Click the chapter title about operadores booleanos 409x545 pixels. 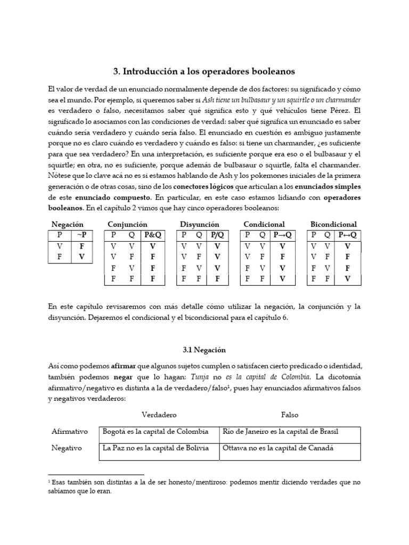(204, 71)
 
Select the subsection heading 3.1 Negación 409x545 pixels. (204, 350)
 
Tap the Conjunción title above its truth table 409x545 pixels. (127, 224)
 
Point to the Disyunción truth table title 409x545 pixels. (199, 224)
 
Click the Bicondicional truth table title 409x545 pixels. (333, 224)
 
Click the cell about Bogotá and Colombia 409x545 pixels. (156, 431)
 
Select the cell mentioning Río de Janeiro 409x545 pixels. (281, 431)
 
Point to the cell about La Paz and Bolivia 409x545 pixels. (156, 448)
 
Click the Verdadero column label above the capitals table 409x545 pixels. (159, 414)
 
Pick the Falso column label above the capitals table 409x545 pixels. (290, 414)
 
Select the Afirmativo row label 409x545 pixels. (70, 431)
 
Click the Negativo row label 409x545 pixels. (67, 448)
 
